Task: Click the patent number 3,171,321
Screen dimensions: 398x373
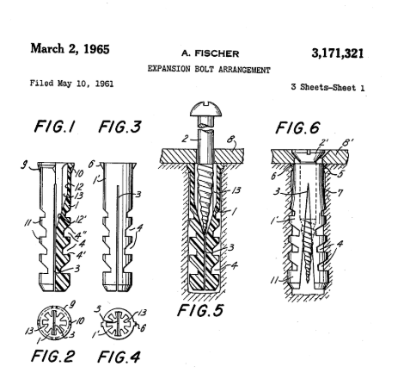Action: [x=338, y=53]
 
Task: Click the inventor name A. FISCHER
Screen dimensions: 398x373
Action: [x=210, y=53]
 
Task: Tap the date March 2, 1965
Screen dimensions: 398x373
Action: [x=70, y=48]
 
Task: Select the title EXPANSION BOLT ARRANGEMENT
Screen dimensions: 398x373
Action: [x=209, y=70]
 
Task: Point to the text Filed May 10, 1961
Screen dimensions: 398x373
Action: [x=71, y=84]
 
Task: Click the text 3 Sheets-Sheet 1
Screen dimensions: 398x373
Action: [x=328, y=87]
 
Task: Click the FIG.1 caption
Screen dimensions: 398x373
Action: [x=55, y=127]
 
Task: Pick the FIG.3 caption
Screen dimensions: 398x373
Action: [x=119, y=127]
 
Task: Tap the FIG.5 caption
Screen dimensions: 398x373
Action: [x=200, y=310]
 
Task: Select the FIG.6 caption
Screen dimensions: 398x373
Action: [x=297, y=127]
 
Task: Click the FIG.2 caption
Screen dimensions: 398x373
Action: [x=53, y=356]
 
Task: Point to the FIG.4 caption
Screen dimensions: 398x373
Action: [x=119, y=357]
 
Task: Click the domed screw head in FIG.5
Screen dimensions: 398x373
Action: [x=206, y=109]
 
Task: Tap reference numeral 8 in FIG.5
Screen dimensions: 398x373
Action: [x=231, y=140]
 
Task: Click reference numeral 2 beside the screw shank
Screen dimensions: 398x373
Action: [x=186, y=139]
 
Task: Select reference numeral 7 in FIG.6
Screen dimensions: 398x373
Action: [x=340, y=192]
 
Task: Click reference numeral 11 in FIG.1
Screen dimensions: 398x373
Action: [x=28, y=222]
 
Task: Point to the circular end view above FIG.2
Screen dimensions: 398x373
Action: [x=54, y=323]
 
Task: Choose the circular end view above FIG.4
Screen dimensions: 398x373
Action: [x=119, y=323]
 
